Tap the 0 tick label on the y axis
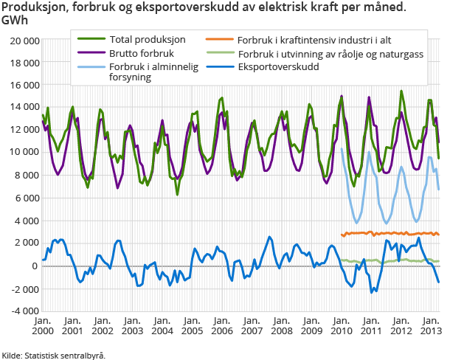pyautogui.click(x=33, y=266)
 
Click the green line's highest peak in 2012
pyautogui.click(x=401, y=91)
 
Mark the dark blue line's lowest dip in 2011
pyautogui.click(x=373, y=292)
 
